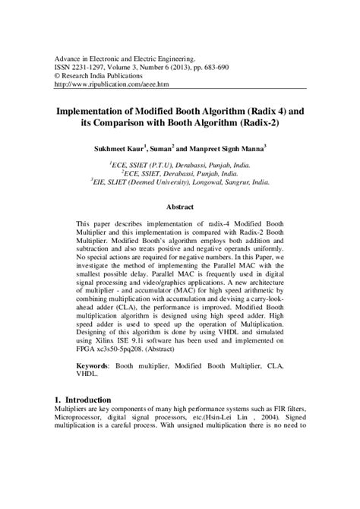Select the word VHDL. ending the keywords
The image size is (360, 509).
90,375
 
